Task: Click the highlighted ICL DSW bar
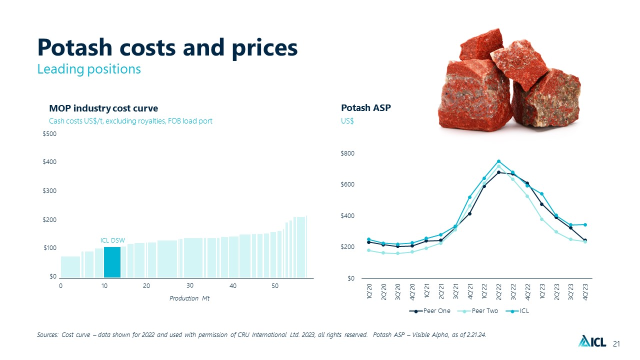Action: [x=112, y=262]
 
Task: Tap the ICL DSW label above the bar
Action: [x=112, y=240]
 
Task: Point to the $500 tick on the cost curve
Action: [x=49, y=134]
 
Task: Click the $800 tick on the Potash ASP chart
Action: [x=347, y=153]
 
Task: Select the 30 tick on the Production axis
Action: [x=190, y=285]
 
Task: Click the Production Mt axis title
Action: [x=189, y=298]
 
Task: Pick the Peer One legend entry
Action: [x=429, y=311]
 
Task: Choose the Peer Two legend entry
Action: [x=477, y=311]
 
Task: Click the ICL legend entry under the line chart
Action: [x=517, y=311]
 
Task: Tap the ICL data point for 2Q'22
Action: [x=498, y=161]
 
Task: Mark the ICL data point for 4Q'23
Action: [x=585, y=225]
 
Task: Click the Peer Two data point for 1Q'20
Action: [x=368, y=250]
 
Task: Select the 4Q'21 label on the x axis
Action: [x=469, y=291]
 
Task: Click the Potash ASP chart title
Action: [x=365, y=108]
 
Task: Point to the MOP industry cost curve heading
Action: [x=103, y=108]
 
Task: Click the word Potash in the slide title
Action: [x=75, y=47]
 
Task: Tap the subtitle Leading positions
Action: [x=89, y=69]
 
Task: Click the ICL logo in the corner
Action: [x=592, y=341]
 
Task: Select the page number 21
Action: [x=616, y=344]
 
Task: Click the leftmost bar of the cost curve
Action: [x=70, y=267]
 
